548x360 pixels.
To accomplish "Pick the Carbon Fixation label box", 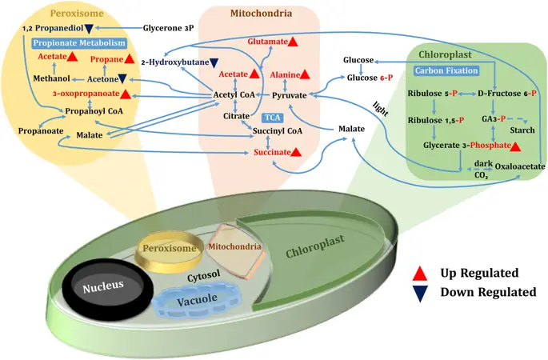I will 446,70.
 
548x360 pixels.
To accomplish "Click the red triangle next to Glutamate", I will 294,41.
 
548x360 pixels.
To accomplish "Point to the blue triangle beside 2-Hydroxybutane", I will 214,62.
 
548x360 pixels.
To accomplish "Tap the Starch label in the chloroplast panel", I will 521,130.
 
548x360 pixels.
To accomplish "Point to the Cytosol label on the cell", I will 203,274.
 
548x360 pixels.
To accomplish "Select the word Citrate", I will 236,116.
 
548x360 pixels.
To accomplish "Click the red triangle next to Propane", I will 128,59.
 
